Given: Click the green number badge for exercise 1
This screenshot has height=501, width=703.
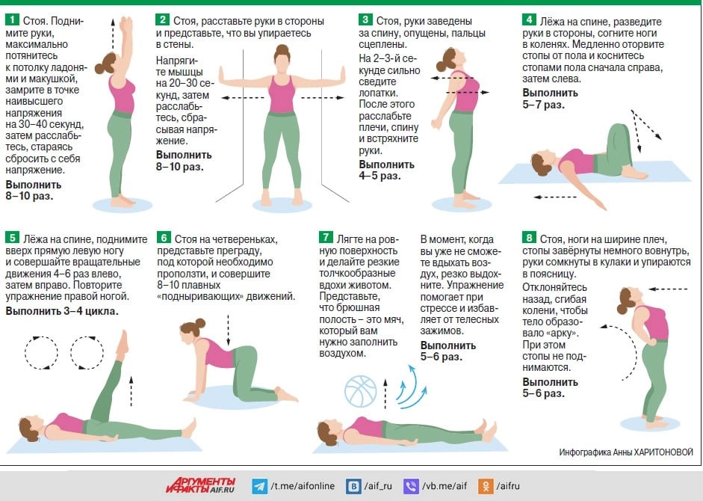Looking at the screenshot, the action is point(12,19).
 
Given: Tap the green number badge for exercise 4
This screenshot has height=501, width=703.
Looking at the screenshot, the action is point(529,19).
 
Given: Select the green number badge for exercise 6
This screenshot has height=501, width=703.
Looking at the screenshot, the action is point(164,238).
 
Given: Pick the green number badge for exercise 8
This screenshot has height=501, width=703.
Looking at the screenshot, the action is point(529,238).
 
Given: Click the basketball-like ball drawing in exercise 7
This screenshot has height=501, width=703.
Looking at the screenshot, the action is point(361,391).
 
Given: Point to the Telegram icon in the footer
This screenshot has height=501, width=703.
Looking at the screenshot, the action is point(259,486).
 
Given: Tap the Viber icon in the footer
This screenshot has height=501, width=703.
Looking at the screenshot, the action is point(411,486).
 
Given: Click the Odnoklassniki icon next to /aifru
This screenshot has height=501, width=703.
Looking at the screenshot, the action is point(486,486).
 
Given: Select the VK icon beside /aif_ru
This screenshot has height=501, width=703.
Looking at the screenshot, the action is point(354,486).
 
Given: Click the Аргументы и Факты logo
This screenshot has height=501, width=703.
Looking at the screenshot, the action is point(201,485).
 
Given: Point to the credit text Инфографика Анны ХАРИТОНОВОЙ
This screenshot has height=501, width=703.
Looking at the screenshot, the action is point(626,452).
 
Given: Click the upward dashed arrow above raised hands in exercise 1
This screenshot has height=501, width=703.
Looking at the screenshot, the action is point(113,34).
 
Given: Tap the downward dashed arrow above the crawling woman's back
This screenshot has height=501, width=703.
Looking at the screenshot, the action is point(228,330).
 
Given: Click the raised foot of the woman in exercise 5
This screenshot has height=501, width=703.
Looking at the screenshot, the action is point(123,343).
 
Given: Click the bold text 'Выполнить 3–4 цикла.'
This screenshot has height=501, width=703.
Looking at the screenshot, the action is point(62,311).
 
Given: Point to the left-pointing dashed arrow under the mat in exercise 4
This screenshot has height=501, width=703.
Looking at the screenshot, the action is point(555,197).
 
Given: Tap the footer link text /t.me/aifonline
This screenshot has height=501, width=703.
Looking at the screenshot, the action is point(303,486).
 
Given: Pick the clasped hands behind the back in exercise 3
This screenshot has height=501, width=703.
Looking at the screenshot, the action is point(436,124).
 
